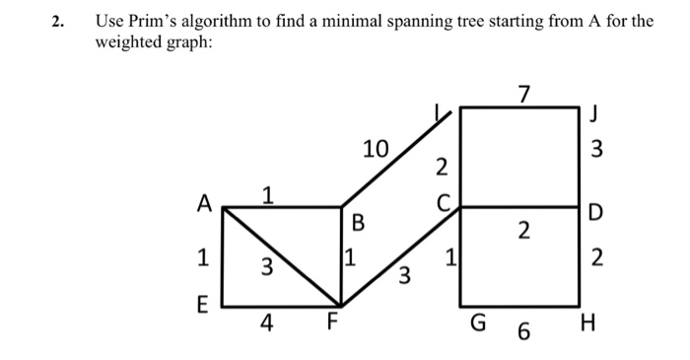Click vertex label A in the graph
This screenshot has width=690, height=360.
coord(204,204)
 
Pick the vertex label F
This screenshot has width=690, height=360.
coord(333,322)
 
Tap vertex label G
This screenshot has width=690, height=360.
coord(480,323)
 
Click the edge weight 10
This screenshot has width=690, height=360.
coord(376,150)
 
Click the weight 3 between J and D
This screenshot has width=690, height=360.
coord(595,151)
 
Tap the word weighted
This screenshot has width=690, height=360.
coord(129,45)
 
